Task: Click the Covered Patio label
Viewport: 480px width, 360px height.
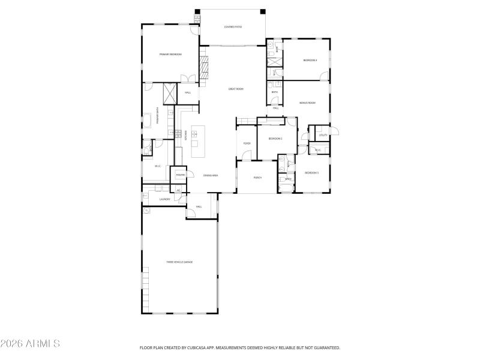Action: pos(233,27)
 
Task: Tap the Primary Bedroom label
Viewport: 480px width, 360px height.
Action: pos(170,55)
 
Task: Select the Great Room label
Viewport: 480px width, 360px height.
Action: pos(236,89)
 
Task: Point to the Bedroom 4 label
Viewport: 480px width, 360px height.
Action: pos(310,61)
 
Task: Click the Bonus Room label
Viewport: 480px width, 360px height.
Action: pos(308,103)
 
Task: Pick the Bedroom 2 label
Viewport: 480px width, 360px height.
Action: pos(275,139)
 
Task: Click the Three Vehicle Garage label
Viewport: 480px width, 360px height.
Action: pos(179,262)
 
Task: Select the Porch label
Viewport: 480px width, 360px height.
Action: pos(257,178)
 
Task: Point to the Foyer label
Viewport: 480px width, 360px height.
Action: pos(247,144)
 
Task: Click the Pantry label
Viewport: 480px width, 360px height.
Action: pos(180,175)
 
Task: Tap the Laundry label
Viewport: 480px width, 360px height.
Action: pos(165,199)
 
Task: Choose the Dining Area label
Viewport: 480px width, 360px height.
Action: pos(210,175)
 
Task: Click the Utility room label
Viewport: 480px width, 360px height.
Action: pos(323,135)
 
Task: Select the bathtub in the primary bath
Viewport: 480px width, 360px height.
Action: pos(148,121)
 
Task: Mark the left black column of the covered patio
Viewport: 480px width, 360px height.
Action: pos(197,11)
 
